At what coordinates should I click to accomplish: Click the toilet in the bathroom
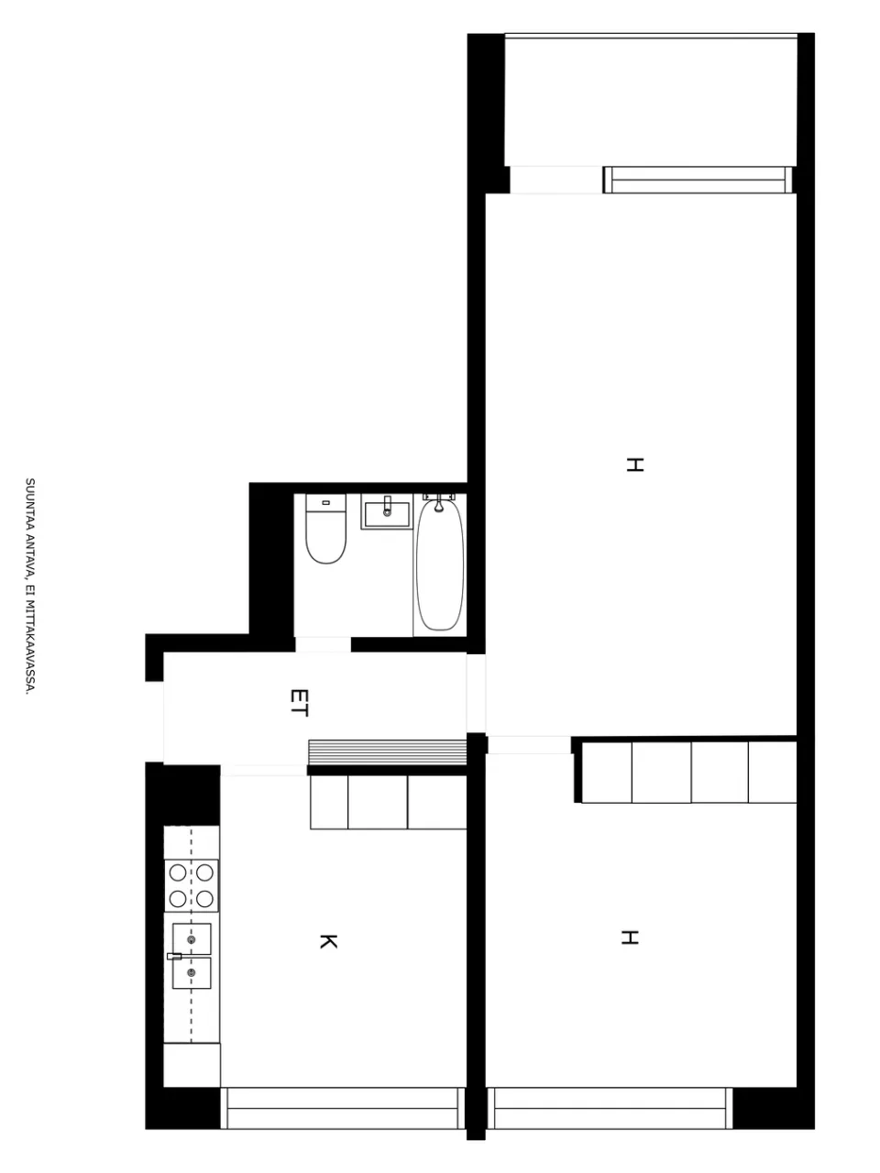point(326,528)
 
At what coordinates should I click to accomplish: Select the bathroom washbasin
point(388,511)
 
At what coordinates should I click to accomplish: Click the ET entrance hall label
point(299,703)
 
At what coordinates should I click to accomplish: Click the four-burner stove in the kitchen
point(192,885)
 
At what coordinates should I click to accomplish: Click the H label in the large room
point(634,465)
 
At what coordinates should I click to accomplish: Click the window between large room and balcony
point(698,180)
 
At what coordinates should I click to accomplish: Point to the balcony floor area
point(651,102)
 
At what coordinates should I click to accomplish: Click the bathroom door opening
point(323,644)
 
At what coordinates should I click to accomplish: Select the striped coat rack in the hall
point(388,752)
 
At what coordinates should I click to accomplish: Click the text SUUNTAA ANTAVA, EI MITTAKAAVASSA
point(30,586)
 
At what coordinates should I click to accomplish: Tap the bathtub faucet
point(439,502)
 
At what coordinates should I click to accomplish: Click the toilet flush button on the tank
point(325,503)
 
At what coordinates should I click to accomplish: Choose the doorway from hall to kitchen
point(264,770)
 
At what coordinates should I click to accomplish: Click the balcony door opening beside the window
point(556,180)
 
